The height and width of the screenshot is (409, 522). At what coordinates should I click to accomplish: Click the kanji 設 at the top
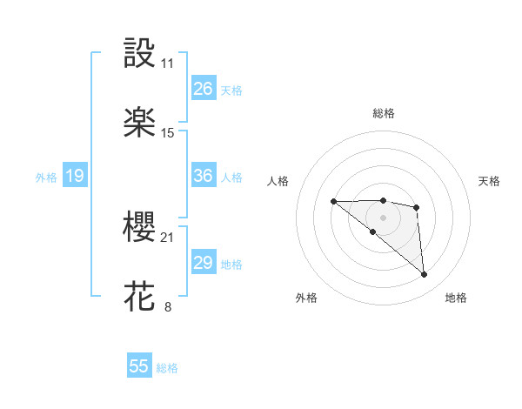[140, 54]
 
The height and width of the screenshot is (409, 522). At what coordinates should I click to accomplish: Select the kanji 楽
[140, 123]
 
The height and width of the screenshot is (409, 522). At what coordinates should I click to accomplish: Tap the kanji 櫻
[140, 228]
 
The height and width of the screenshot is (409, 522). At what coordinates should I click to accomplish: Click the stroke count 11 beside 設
[168, 64]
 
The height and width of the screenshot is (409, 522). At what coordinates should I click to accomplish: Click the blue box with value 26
[204, 89]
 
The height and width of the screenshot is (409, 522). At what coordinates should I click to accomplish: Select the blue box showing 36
[204, 176]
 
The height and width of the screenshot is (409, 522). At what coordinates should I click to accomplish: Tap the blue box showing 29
[204, 263]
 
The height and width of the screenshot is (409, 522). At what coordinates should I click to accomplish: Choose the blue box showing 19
[75, 177]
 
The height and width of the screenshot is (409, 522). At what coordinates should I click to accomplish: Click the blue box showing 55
[139, 366]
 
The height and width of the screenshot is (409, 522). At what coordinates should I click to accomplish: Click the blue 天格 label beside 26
[231, 91]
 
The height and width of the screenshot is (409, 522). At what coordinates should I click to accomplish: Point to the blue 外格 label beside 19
[46, 178]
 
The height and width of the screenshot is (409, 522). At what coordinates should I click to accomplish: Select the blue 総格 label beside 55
[167, 368]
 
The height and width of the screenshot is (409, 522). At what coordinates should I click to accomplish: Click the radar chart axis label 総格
[384, 113]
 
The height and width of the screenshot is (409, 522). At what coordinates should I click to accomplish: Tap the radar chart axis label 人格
[278, 181]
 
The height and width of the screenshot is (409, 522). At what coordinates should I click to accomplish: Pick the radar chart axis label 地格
[456, 298]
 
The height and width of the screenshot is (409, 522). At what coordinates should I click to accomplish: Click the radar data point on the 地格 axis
[424, 275]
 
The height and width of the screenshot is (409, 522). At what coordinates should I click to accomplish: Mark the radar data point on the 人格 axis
[334, 202]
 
